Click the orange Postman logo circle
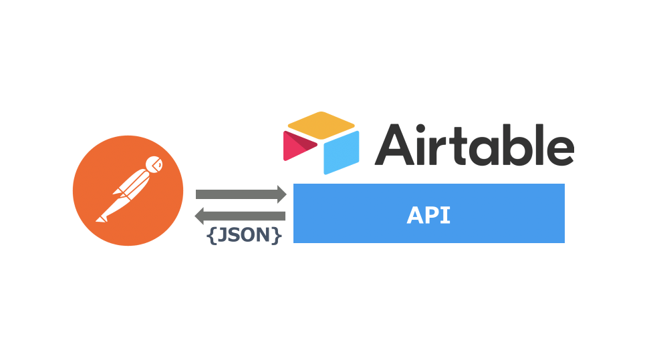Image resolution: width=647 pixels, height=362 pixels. (128, 190)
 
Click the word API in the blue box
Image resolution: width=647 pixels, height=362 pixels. (428, 215)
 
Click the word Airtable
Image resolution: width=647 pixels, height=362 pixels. (474, 144)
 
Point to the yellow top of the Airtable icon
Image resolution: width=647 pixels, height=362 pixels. (320, 124)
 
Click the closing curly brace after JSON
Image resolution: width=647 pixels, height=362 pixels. (277, 236)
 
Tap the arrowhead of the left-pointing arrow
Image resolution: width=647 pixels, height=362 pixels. (200, 216)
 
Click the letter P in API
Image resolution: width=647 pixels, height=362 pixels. (430, 215)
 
